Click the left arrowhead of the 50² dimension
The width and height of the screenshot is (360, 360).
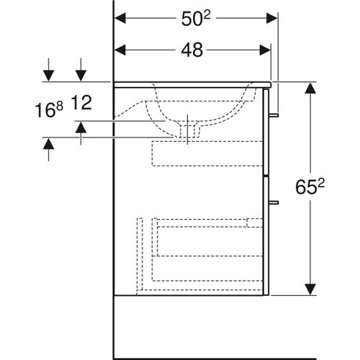(122, 17)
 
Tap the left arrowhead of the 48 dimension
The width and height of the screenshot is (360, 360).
(122, 50)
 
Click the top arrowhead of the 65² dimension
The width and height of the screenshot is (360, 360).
(311, 88)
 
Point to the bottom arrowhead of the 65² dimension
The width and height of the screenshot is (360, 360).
(311, 290)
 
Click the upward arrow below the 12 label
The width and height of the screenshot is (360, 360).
(81, 127)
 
